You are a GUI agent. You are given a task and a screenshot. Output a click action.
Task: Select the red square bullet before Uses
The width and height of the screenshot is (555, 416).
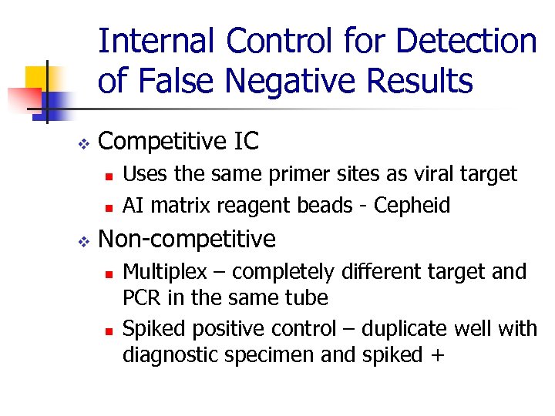[x=109, y=176]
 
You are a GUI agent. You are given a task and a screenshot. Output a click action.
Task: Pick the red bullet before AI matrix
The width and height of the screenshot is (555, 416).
[x=109, y=207]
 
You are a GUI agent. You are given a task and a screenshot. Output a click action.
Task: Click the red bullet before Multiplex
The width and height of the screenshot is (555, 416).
[x=109, y=273]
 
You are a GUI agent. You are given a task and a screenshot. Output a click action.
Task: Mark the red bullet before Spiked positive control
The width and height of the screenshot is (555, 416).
[x=109, y=330]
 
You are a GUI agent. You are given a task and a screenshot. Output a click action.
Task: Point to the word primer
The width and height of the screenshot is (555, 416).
[x=299, y=175]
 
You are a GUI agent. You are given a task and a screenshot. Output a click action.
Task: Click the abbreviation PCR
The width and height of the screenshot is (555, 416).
[x=141, y=298]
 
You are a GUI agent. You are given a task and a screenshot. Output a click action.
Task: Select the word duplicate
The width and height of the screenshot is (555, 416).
[x=409, y=329]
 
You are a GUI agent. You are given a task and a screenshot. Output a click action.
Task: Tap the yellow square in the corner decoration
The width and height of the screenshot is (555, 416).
[x=37, y=78]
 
